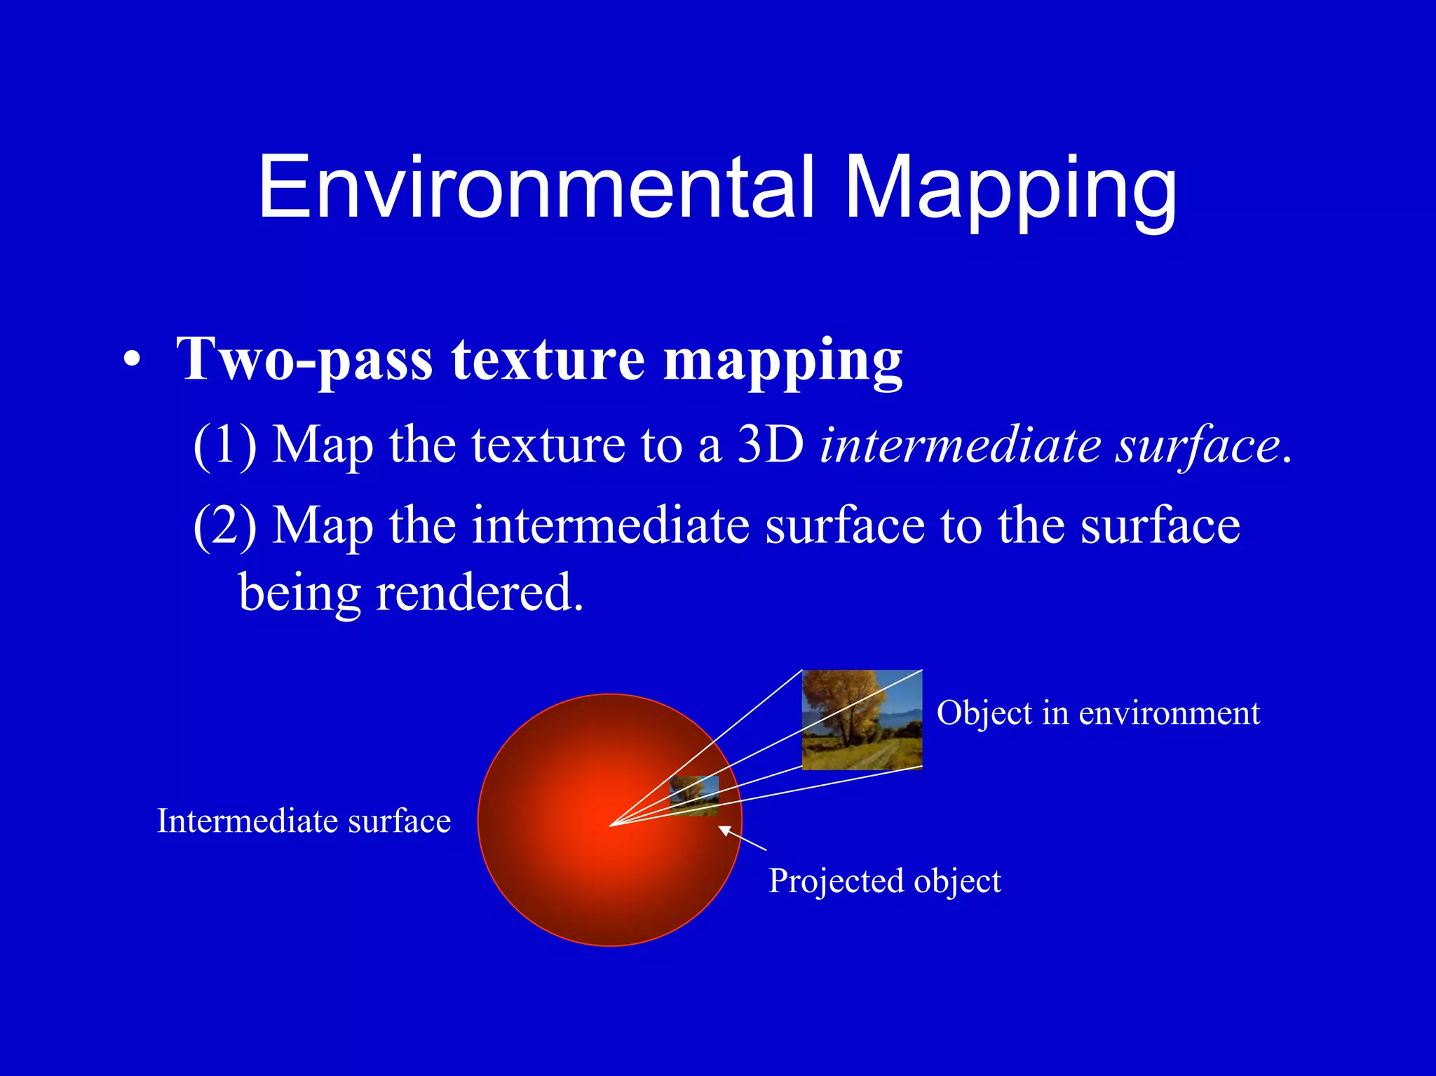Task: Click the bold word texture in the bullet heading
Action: [548, 359]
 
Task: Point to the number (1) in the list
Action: [225, 445]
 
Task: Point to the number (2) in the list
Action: [225, 525]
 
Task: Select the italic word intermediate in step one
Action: [961, 445]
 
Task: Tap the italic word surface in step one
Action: [1198, 445]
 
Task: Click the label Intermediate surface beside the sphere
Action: [304, 821]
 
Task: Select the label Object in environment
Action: [1098, 713]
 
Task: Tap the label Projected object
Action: [884, 881]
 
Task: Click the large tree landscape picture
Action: [862, 720]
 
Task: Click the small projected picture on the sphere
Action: [694, 795]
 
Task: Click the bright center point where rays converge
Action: [611, 825]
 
